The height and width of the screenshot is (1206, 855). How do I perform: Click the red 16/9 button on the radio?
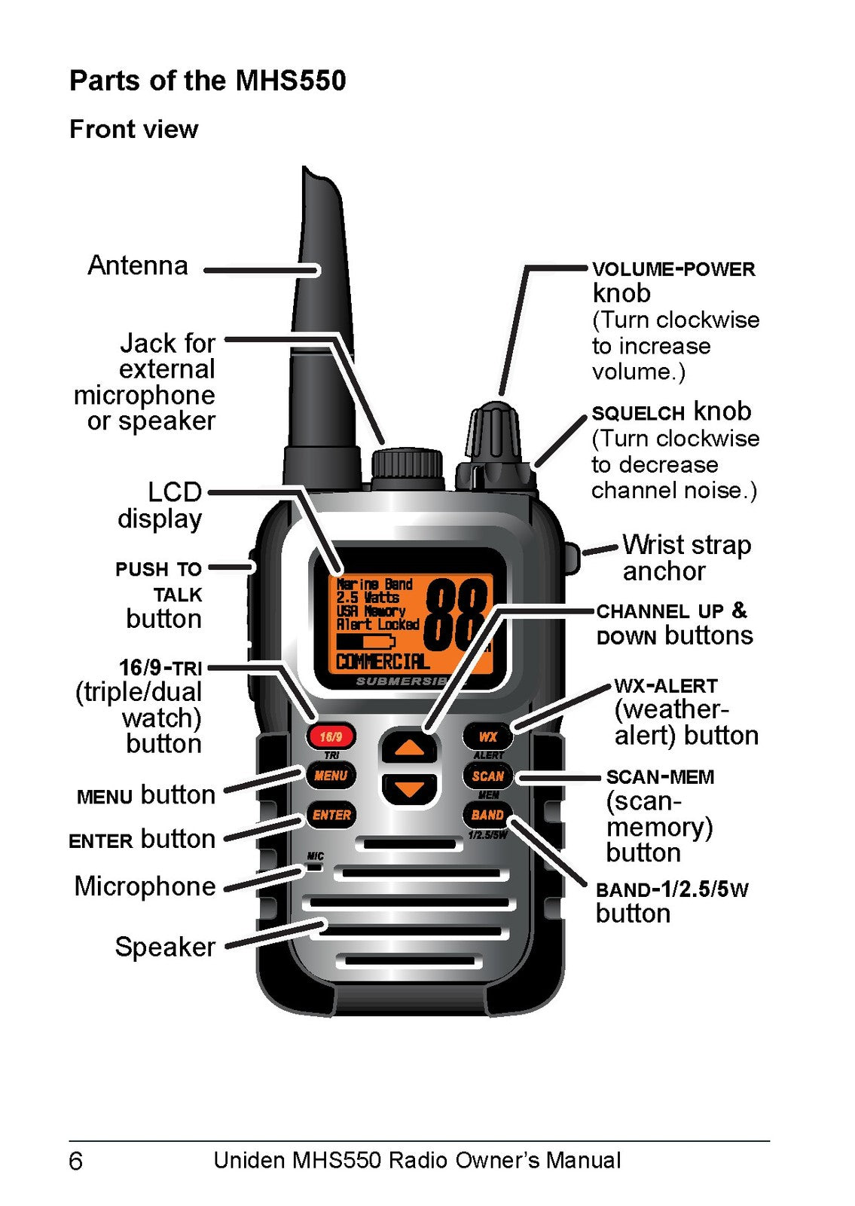[x=331, y=736]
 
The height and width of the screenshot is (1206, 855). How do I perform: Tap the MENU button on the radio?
[x=331, y=776]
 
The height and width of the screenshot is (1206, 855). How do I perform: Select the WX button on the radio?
[x=487, y=736]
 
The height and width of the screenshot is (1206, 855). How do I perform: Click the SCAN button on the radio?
[x=487, y=776]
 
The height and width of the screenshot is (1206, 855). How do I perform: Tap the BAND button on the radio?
[x=487, y=815]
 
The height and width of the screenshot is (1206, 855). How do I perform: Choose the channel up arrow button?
[x=410, y=747]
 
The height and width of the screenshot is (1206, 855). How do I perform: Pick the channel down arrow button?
[x=410, y=789]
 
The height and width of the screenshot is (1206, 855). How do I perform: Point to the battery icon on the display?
[x=366, y=641]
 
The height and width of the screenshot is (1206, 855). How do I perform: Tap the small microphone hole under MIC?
[x=314, y=867]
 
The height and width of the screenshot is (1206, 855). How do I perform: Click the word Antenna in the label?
[x=138, y=265]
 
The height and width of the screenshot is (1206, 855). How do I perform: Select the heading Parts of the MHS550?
[x=208, y=81]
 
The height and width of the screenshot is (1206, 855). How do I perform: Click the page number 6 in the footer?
[x=76, y=1162]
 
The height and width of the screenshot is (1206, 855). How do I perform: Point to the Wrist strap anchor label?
[x=686, y=558]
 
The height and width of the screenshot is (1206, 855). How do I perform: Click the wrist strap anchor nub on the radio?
[x=573, y=559]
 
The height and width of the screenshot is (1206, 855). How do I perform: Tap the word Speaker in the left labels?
[x=165, y=947]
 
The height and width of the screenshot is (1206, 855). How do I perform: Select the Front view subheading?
[x=134, y=129]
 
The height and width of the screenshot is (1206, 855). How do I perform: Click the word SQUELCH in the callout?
[x=637, y=414]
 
